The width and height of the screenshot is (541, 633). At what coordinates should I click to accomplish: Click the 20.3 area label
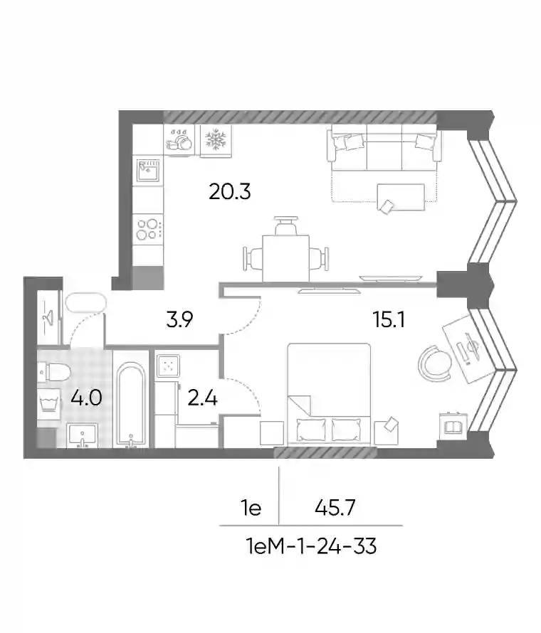pos(230,191)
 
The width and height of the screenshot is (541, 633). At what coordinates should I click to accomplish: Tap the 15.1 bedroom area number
pos(389,320)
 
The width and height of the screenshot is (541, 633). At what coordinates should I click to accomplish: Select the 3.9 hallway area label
pos(180,319)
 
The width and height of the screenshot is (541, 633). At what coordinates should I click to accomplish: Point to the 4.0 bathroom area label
pos(86,398)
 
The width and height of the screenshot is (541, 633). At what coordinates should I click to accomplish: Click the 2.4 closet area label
pos(203,398)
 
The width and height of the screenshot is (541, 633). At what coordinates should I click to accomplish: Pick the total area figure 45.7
pos(335,507)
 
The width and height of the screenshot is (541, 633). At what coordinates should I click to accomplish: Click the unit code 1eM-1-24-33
pos(312,547)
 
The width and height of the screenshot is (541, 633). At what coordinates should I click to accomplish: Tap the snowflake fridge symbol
pos(216,139)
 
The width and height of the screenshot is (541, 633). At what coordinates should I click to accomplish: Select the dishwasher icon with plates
pos(179,139)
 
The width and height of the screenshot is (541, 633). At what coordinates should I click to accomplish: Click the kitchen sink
pos(148,171)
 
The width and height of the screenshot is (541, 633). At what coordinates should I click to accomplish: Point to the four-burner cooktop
pos(148,229)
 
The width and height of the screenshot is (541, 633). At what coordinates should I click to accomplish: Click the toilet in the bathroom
pos(54,371)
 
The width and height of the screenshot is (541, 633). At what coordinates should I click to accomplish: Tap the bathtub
pos(131,405)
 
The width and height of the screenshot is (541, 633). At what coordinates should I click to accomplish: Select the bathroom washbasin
pos(83,435)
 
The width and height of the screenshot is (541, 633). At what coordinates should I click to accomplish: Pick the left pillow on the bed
pos(311,430)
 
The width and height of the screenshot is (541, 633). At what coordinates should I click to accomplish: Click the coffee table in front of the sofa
pos(401,197)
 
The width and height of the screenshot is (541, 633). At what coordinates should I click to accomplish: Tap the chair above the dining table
pos(285,225)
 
